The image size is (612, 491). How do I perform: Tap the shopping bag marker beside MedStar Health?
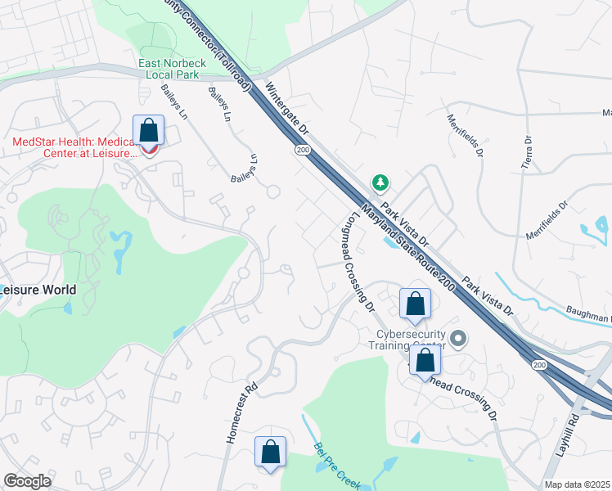[x=148, y=131]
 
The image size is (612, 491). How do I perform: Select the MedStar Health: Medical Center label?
[x=73, y=147]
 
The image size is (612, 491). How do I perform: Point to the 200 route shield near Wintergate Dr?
[x=302, y=151]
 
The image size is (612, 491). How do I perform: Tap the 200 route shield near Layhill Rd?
[x=539, y=363]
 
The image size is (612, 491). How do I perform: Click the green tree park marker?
[x=379, y=181]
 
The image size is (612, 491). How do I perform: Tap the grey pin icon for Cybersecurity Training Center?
[x=458, y=337]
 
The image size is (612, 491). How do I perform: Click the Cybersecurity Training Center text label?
[x=410, y=340]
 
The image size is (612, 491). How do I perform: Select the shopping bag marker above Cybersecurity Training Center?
[x=415, y=304]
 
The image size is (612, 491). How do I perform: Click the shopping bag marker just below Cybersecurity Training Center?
[x=425, y=361]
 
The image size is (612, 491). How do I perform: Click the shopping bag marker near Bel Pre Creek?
[x=270, y=452]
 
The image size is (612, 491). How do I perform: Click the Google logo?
[x=28, y=481]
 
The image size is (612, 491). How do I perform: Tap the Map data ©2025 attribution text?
[x=576, y=484]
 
